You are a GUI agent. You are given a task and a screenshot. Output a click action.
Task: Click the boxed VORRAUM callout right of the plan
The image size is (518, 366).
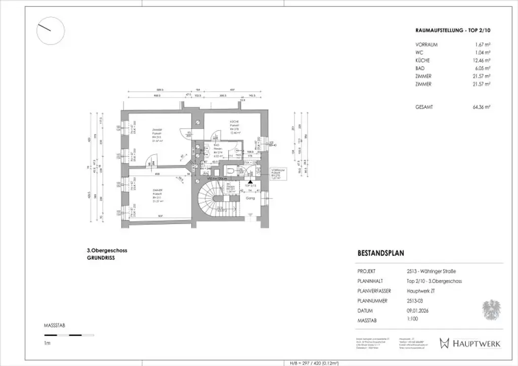(276, 174)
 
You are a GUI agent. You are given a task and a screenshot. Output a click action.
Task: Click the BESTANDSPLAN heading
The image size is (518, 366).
(380, 253)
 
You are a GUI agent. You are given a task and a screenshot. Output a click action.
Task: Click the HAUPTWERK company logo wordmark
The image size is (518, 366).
(476, 343)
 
